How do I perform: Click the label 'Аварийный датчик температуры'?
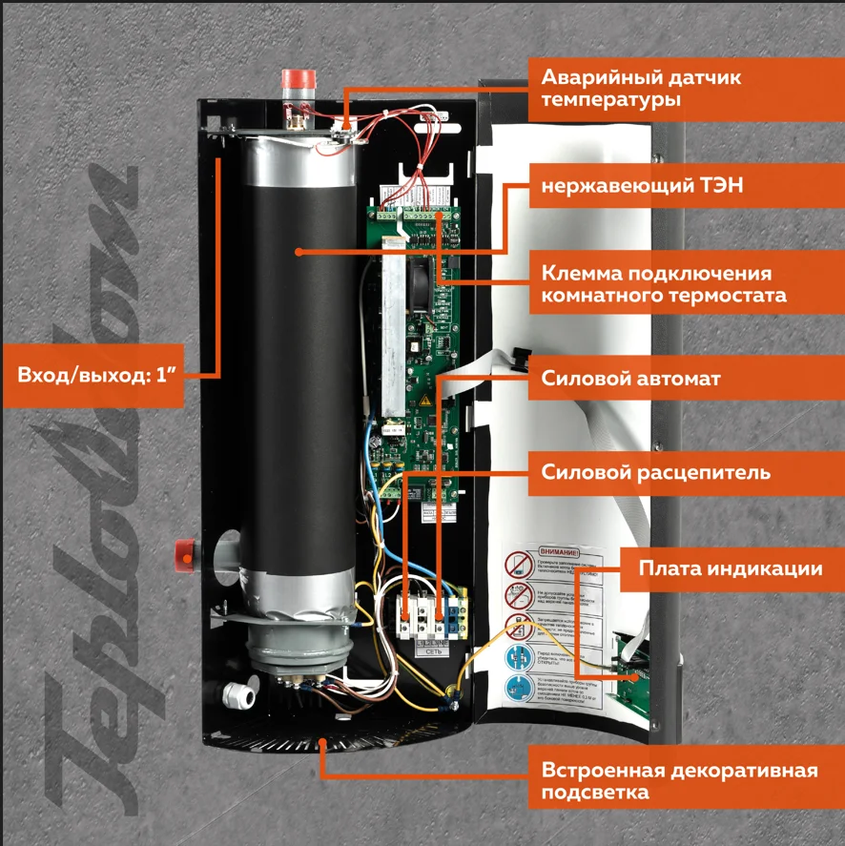(x=640, y=88)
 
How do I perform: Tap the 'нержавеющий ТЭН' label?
(x=642, y=187)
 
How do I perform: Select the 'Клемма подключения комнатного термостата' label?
(x=664, y=283)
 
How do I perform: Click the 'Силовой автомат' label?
(x=630, y=378)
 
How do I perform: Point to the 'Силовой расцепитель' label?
(x=655, y=472)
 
